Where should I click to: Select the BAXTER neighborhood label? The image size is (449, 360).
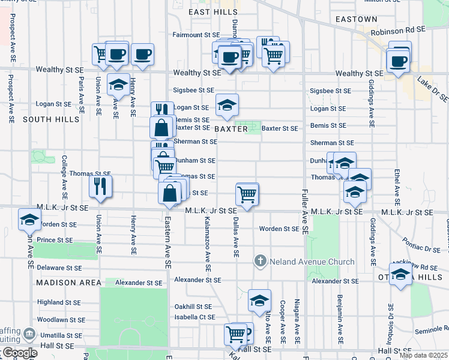click(x=229, y=129)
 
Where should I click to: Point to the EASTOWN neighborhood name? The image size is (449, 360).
click(x=357, y=19)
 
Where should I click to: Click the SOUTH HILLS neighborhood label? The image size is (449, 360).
click(x=51, y=119)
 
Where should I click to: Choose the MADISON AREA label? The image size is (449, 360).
click(x=64, y=283)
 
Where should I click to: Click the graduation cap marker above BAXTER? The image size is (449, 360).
click(x=227, y=105)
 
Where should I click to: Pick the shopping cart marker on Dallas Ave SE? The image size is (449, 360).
click(x=247, y=194)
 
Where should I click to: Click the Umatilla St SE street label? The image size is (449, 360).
click(x=59, y=335)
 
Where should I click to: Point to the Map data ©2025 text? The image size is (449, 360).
click(x=423, y=355)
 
